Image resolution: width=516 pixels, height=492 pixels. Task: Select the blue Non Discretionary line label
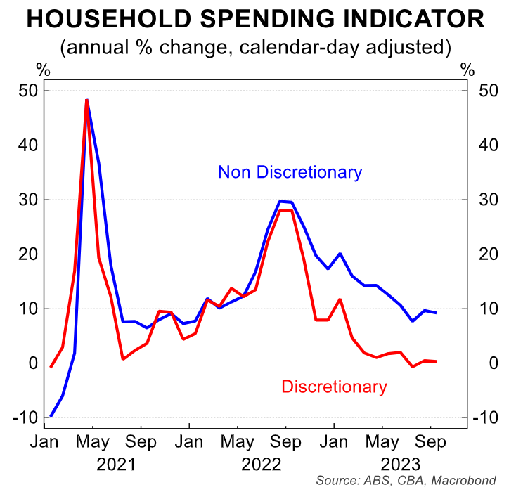pyautogui.click(x=290, y=171)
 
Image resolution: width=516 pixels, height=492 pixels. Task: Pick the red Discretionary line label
pyautogui.click(x=334, y=387)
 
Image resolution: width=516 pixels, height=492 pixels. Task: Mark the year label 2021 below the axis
pyautogui.click(x=117, y=465)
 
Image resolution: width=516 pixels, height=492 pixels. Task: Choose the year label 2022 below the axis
pyautogui.click(x=262, y=465)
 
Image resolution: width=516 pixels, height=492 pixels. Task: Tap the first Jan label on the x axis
pyautogui.click(x=44, y=444)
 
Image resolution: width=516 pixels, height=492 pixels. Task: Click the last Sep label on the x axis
pyautogui.click(x=430, y=444)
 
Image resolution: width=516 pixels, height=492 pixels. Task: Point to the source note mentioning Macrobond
pyautogui.click(x=406, y=481)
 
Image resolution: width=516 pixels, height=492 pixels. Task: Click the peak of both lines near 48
pyautogui.click(x=86, y=100)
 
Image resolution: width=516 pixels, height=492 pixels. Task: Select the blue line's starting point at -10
pyautogui.click(x=51, y=416)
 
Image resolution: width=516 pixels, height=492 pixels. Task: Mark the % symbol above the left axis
pyautogui.click(x=43, y=69)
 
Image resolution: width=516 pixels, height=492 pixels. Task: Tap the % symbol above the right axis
pyautogui.click(x=467, y=69)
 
